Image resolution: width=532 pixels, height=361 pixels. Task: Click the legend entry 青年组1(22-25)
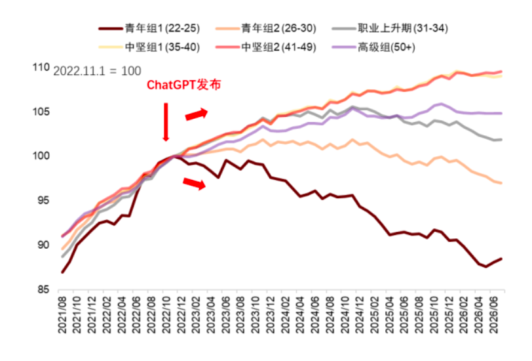(x=149, y=28)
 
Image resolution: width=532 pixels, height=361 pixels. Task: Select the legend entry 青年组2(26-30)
(x=265, y=28)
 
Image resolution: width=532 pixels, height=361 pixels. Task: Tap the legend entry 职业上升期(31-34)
(x=390, y=28)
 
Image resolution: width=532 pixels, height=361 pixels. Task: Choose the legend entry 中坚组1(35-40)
(x=149, y=47)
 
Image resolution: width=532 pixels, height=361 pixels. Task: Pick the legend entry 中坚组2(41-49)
(x=265, y=47)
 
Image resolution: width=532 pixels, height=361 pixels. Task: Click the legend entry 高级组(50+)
(x=373, y=47)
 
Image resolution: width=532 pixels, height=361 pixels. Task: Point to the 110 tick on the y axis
(x=41, y=68)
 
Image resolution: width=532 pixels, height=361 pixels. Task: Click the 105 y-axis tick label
(x=41, y=112)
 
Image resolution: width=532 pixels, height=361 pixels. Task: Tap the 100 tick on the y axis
(x=41, y=156)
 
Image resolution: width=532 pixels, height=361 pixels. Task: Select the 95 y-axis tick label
(x=43, y=200)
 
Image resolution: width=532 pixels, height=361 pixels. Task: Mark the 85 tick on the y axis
(x=43, y=289)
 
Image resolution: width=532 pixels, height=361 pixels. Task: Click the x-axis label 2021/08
(x=62, y=314)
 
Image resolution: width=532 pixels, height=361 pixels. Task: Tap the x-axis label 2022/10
(x=166, y=314)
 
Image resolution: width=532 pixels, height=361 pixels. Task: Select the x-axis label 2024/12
(x=360, y=314)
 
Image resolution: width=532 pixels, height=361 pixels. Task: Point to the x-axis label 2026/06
(x=493, y=314)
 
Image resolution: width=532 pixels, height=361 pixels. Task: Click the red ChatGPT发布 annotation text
(x=183, y=85)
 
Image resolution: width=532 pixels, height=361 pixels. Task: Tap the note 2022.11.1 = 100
(x=97, y=71)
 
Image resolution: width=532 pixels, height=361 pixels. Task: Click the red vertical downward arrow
(x=166, y=122)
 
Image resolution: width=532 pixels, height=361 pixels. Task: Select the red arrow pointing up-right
(x=196, y=114)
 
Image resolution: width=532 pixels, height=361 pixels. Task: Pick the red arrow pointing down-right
(x=195, y=183)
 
